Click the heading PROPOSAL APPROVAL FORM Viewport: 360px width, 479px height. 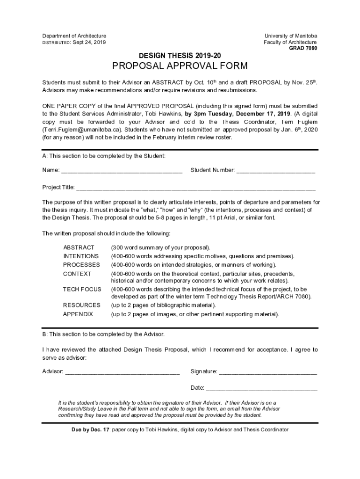180,66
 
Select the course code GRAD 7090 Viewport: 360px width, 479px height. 303,48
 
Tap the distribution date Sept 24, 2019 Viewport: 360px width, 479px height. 89,43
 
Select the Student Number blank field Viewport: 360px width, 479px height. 276,171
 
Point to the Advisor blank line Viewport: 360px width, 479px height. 122,372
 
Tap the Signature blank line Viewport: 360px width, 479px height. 268,372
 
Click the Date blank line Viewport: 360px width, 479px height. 262,388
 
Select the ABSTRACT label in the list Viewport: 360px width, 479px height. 79,247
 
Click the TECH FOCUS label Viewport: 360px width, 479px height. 82,290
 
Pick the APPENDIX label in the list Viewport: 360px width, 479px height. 78,314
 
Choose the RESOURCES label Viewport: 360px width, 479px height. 81,305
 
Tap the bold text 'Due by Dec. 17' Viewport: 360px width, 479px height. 87,429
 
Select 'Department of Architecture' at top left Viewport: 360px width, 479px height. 74,36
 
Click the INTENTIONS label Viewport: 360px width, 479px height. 81,256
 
